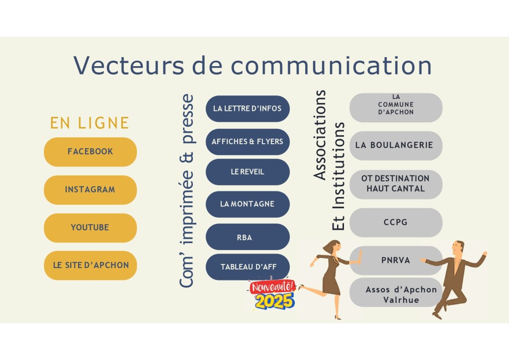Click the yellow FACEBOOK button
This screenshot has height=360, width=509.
tap(90, 152)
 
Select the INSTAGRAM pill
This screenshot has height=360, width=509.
tap(90, 189)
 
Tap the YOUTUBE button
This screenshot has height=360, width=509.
tap(90, 228)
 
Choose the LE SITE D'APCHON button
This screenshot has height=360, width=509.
tap(90, 266)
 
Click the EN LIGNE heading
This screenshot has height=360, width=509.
tap(89, 123)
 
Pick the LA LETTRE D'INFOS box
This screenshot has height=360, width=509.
tap(248, 108)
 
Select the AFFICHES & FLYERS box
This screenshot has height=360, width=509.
tap(248, 142)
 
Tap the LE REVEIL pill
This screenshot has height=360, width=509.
tap(248, 172)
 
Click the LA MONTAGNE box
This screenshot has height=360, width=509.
tap(248, 204)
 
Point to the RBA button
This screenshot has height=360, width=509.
tap(248, 237)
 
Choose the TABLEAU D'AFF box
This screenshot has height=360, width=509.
tap(248, 267)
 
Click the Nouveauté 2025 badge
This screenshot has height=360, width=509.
tap(272, 295)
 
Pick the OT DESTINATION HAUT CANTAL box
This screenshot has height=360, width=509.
tap(396, 183)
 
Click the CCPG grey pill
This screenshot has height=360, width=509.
tap(396, 222)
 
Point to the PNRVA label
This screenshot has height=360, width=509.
tap(396, 260)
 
